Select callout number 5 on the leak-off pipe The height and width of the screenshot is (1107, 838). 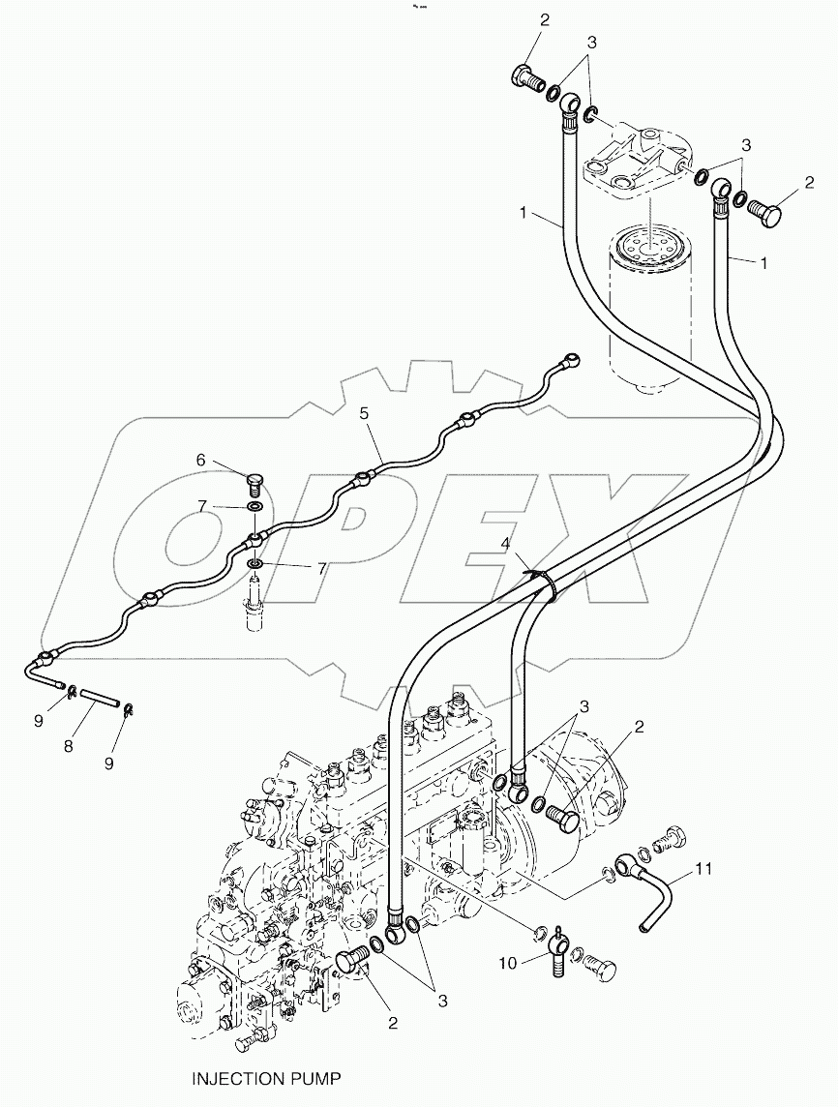pyautogui.click(x=364, y=412)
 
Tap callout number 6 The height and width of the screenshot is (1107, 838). pyautogui.click(x=201, y=460)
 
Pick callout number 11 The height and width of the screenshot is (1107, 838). pyautogui.click(x=703, y=869)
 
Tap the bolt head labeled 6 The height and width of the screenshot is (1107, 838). pyautogui.click(x=256, y=481)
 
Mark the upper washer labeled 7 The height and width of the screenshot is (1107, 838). pyautogui.click(x=256, y=508)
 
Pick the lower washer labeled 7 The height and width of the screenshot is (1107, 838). pyautogui.click(x=255, y=564)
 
